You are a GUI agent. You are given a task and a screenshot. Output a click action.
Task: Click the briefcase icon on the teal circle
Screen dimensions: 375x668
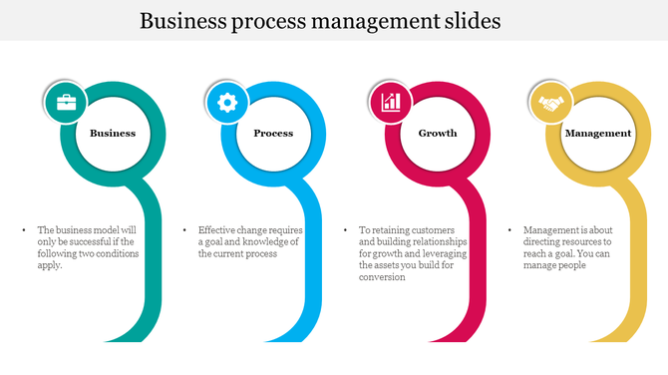(66, 103)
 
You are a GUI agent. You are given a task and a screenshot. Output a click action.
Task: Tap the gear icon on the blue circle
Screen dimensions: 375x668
(227, 103)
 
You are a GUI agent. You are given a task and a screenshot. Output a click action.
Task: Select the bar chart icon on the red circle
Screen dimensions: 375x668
(391, 103)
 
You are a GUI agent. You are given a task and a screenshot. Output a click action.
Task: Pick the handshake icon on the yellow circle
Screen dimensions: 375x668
(549, 103)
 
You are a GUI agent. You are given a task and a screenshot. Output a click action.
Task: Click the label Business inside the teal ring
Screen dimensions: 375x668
(113, 133)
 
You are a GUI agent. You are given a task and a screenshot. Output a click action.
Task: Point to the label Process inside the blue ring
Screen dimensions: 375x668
(273, 133)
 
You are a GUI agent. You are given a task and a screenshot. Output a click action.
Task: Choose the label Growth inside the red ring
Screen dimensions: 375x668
(438, 133)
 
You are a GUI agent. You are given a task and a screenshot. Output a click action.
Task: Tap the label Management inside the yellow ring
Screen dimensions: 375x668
(598, 133)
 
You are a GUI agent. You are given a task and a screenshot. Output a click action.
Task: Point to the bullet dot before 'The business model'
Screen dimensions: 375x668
(23, 229)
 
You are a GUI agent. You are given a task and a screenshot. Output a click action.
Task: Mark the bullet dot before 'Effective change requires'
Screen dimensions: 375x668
(184, 229)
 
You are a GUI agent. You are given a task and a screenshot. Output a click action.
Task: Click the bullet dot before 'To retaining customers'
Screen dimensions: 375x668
(346, 229)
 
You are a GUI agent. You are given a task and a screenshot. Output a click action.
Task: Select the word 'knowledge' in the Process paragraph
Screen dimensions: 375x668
(261, 241)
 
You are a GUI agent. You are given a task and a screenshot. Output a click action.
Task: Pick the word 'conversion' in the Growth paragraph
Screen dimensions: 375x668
(382, 277)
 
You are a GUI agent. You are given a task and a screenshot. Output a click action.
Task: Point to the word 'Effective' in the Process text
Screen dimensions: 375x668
(217, 229)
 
